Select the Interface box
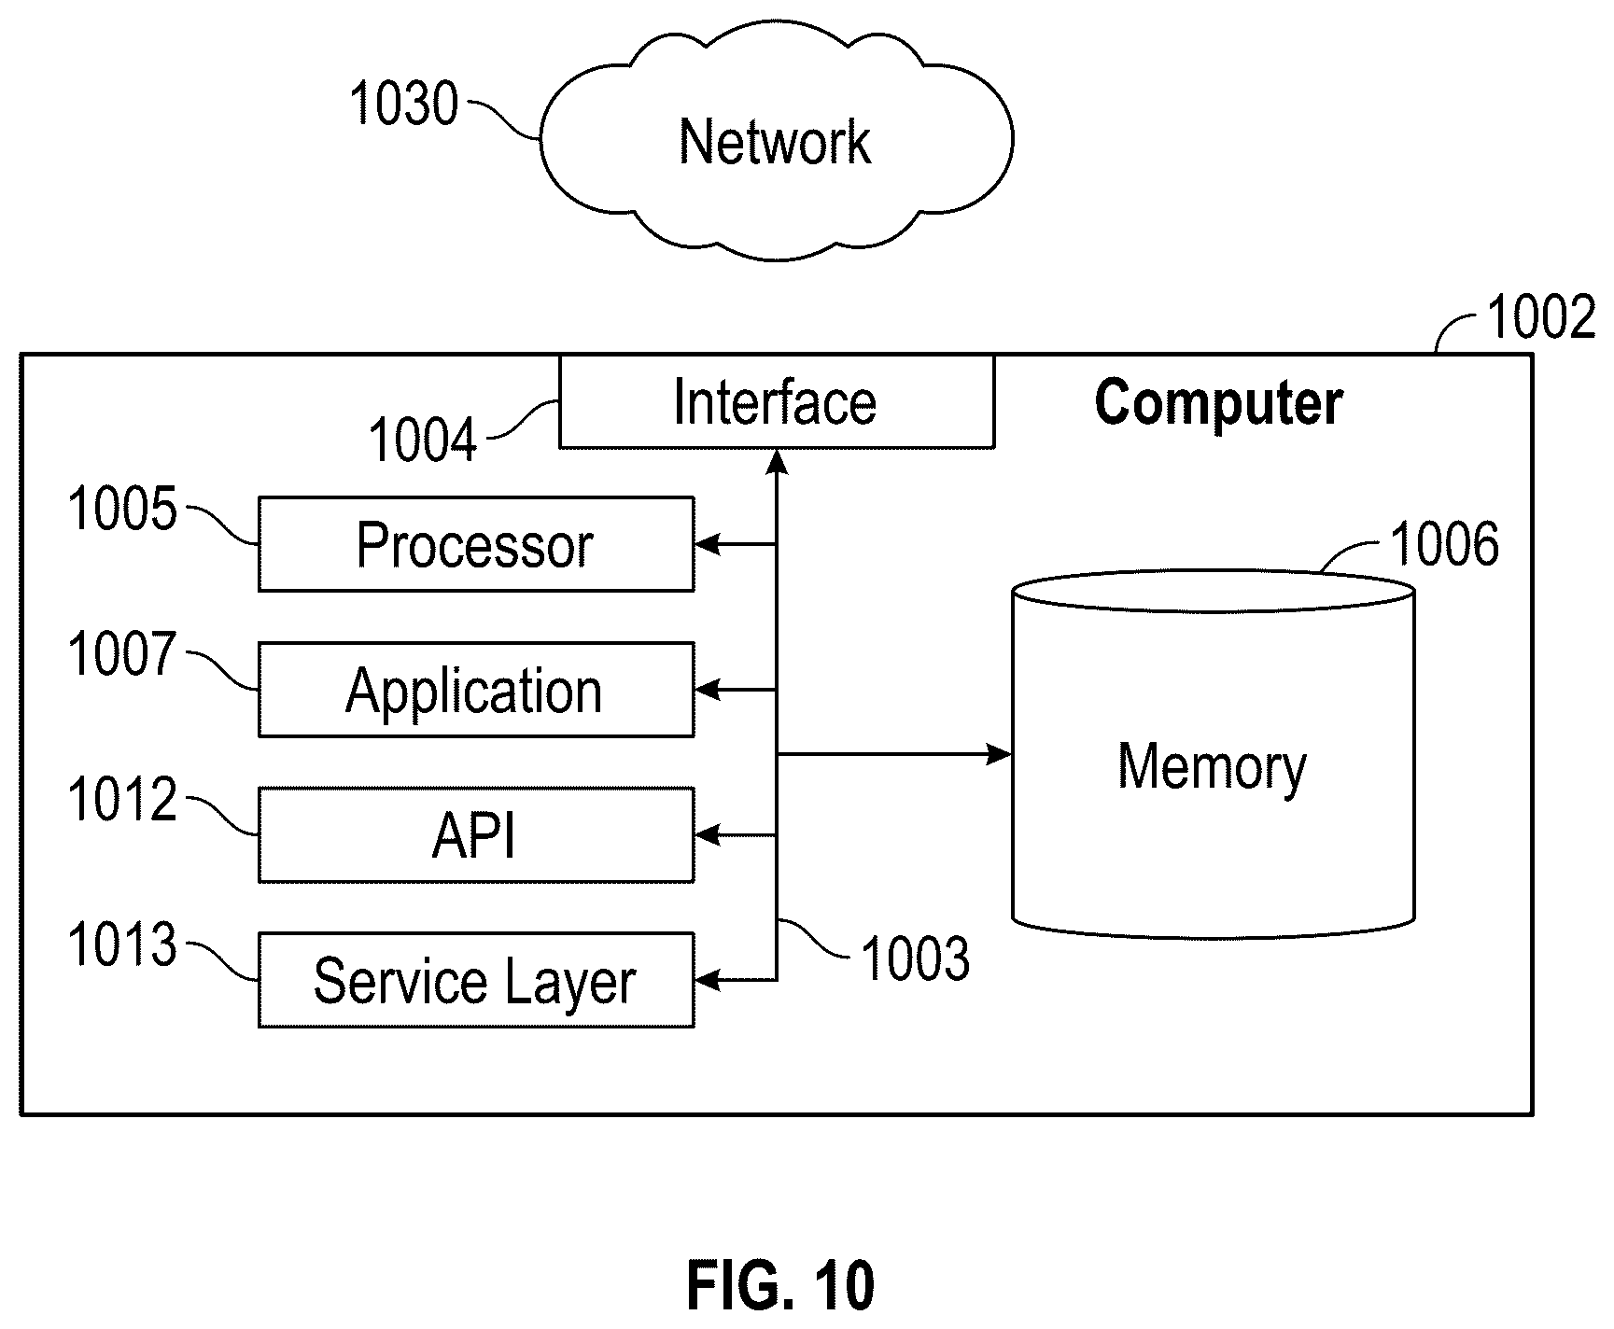click(777, 401)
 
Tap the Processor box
click(476, 544)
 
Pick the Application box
click(476, 690)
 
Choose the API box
click(476, 835)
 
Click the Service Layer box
click(476, 980)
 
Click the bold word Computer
click(1218, 403)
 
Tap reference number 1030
click(403, 104)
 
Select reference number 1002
click(1541, 317)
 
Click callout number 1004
click(423, 440)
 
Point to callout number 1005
click(122, 510)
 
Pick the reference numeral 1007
click(122, 653)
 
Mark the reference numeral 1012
click(122, 800)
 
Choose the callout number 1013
click(122, 944)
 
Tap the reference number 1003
click(916, 959)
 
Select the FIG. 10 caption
click(781, 1286)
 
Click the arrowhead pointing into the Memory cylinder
click(1000, 753)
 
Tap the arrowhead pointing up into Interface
click(777, 461)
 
